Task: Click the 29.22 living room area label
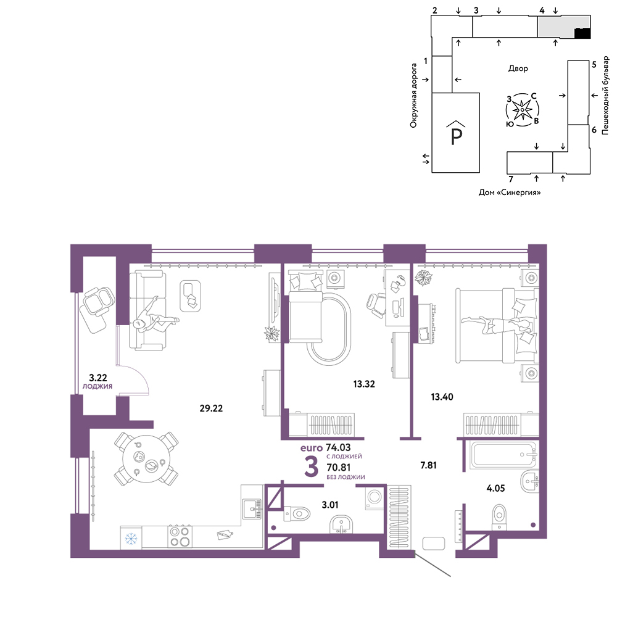tap(211, 408)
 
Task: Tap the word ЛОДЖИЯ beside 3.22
tap(97, 386)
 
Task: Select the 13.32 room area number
tap(364, 384)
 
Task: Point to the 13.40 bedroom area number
tap(442, 397)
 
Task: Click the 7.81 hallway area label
tap(428, 465)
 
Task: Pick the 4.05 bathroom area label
tap(495, 488)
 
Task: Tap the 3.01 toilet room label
tap(329, 505)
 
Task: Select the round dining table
tap(146, 459)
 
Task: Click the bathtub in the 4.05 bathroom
tap(503, 455)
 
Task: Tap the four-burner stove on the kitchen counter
tap(180, 537)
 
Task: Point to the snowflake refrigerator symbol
tap(131, 537)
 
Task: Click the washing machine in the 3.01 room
tap(375, 498)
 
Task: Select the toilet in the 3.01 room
tap(297, 513)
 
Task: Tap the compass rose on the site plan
tap(522, 110)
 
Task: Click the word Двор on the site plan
tap(518, 68)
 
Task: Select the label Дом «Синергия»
tap(509, 193)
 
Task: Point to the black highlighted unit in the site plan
tap(583, 33)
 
